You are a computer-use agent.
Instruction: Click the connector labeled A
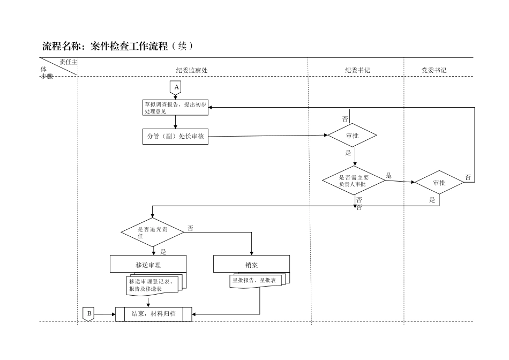[176, 87]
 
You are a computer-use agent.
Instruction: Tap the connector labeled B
[89, 314]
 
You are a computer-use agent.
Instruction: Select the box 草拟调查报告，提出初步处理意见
[175, 108]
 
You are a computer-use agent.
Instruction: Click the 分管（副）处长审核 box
[175, 136]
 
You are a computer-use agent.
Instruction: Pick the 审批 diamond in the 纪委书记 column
[353, 136]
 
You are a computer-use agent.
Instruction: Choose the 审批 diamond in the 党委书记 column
[439, 183]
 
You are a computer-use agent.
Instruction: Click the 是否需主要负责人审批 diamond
[354, 181]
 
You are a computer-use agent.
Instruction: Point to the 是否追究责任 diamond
[153, 232]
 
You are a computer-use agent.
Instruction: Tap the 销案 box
[252, 264]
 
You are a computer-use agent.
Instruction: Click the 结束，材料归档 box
[154, 314]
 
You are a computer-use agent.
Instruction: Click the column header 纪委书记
[357, 70]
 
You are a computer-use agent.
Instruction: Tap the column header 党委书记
[434, 70]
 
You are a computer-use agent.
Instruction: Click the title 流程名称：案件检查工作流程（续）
[117, 46]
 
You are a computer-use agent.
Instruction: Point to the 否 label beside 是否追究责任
[190, 228]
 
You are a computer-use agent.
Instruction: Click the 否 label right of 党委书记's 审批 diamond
[468, 177]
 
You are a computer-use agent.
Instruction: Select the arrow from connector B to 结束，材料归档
[105, 314]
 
